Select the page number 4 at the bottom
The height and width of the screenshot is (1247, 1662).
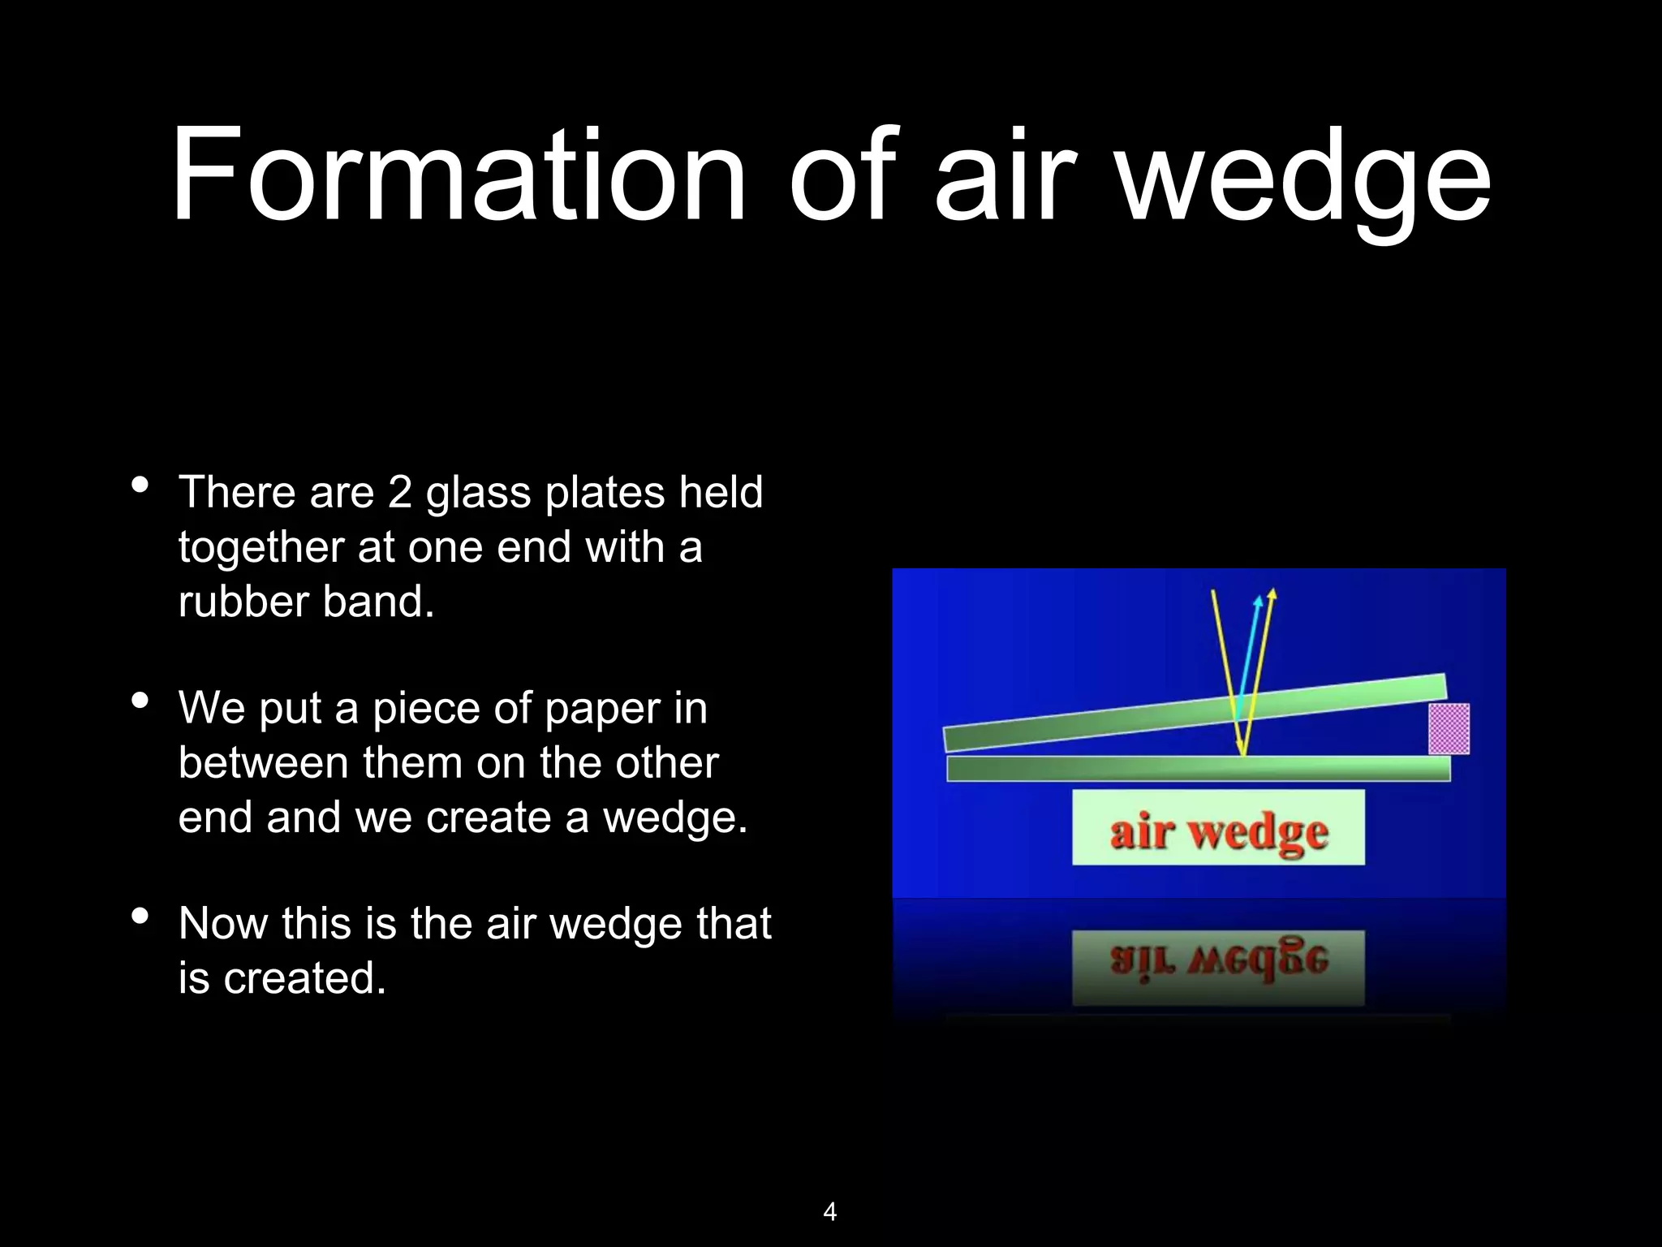[829, 1212]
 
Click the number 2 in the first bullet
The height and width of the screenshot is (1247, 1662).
[399, 492]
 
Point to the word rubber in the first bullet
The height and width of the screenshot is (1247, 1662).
[243, 602]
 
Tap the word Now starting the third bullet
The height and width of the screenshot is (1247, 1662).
[223, 924]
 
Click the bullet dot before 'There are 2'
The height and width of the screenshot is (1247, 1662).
[140, 485]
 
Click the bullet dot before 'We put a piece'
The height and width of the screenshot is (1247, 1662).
[140, 701]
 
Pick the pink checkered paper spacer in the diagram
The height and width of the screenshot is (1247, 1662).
[1449, 728]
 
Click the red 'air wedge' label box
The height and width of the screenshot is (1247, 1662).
[1218, 829]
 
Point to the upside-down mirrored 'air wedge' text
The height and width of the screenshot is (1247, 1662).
[1218, 963]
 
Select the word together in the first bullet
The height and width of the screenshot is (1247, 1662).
[260, 547]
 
